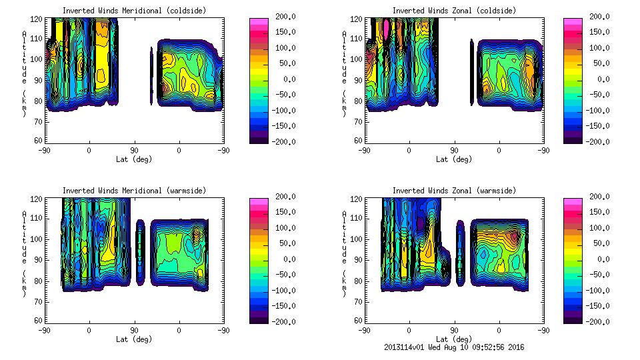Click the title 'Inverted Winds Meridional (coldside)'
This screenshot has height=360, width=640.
[134, 10]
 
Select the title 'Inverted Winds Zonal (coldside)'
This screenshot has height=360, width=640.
[454, 10]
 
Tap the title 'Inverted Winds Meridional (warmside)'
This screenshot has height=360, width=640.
[134, 190]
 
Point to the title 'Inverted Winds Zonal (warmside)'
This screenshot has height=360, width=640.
[454, 190]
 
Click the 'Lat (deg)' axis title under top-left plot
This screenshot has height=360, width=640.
[134, 159]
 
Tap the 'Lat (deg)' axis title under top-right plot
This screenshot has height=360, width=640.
[454, 159]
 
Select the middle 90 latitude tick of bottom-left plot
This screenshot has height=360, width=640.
[134, 330]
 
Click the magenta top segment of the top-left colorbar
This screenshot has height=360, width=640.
[258, 22]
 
